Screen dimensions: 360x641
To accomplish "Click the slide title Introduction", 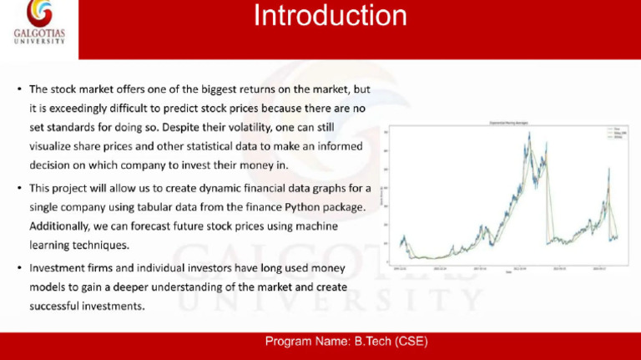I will pos(331,16).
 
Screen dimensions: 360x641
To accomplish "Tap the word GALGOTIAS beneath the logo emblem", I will pos(38,34).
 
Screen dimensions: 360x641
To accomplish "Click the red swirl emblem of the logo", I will pos(38,13).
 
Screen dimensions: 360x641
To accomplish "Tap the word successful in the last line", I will pos(57,307).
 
